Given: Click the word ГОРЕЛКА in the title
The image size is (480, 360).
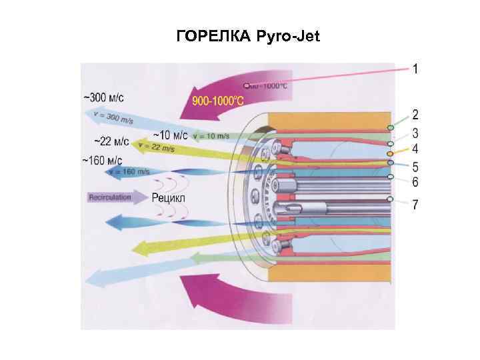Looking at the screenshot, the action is click(212, 36).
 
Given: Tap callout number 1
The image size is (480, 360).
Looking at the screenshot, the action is click(415, 69).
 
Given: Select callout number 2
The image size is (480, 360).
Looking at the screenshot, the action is click(415, 115).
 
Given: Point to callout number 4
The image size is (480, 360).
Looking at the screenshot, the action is click(415, 149).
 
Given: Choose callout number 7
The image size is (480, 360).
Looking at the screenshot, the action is click(415, 205).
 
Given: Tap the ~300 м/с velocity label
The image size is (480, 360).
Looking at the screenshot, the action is click(103, 97).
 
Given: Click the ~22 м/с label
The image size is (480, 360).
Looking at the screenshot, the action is click(111, 141).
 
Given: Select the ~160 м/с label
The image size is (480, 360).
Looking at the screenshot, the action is click(102, 161).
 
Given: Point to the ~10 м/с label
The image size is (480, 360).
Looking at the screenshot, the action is click(171, 135).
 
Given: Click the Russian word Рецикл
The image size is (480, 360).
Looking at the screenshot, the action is click(169, 197).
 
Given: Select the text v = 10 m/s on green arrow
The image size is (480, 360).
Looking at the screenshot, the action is click(210, 137).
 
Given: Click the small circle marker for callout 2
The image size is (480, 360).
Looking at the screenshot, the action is click(391, 127).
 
